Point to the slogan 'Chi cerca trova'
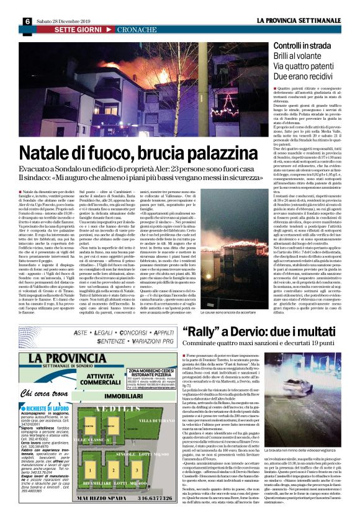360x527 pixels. [43, 410]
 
